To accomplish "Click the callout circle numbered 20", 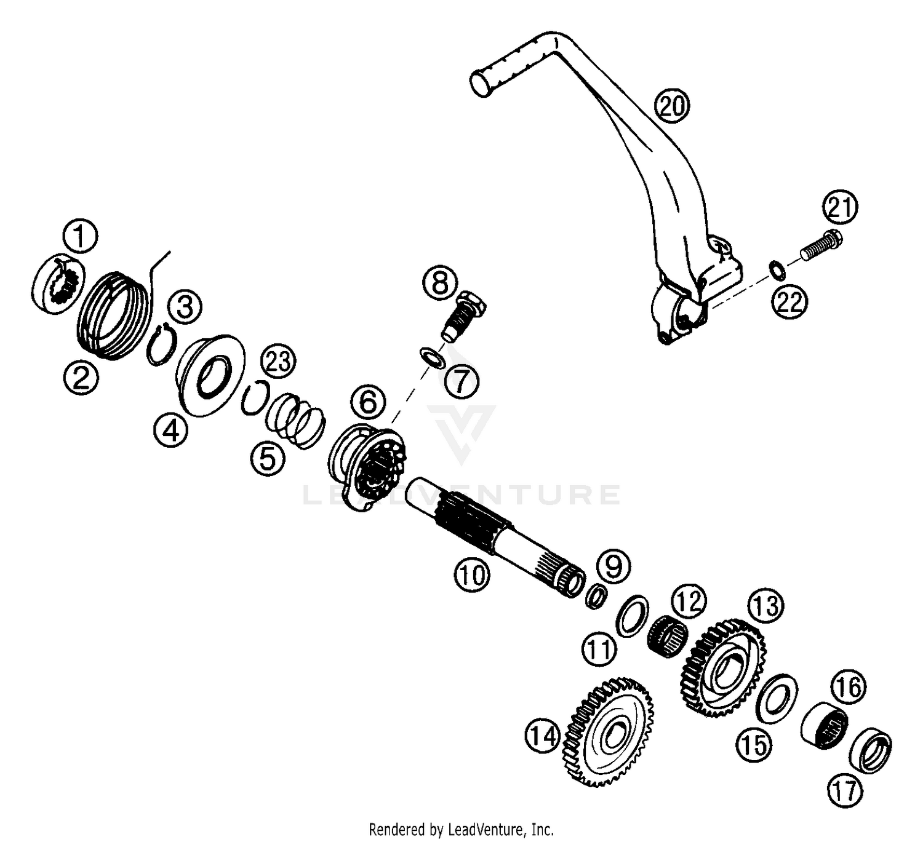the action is click(x=672, y=106).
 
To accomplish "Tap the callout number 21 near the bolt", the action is click(x=841, y=207).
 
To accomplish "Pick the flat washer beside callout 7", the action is click(x=433, y=358).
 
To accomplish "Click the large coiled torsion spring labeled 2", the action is click(x=115, y=315).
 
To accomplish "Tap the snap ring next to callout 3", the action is click(x=161, y=344).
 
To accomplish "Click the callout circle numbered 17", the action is click(x=845, y=790).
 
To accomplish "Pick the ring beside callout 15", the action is click(x=777, y=699).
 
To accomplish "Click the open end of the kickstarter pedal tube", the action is click(x=479, y=84).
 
